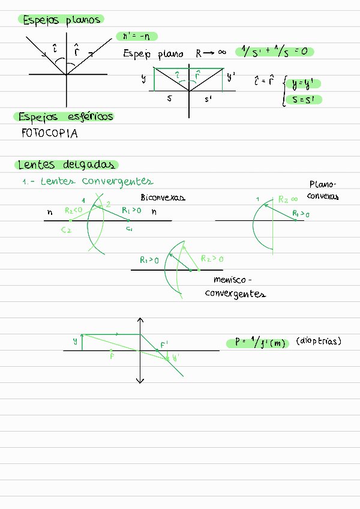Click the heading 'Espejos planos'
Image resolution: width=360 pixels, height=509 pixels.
tap(61, 20)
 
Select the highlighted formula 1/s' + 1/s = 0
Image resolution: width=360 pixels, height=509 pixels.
tap(275, 52)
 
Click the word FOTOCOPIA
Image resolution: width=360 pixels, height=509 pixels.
tap(49, 134)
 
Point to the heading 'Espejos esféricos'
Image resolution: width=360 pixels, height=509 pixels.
tap(65, 116)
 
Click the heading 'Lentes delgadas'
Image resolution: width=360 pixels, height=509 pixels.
tap(66, 165)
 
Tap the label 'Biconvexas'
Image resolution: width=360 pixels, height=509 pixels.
tap(163, 197)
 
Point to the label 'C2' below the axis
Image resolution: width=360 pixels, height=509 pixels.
tap(67, 230)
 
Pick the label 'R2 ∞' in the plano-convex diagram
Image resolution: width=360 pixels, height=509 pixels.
tap(289, 199)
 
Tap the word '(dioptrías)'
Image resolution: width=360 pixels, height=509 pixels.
tap(319, 342)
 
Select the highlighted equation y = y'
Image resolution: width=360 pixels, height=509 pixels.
tap(304, 85)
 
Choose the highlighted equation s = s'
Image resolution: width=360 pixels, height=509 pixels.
tap(304, 100)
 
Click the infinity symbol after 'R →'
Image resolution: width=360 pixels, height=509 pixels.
tap(221, 53)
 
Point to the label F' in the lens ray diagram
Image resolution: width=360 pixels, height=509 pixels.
tap(164, 345)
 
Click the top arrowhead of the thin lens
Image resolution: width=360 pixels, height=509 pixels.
tap(140, 321)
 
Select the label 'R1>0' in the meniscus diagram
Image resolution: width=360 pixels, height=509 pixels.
tap(149, 261)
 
